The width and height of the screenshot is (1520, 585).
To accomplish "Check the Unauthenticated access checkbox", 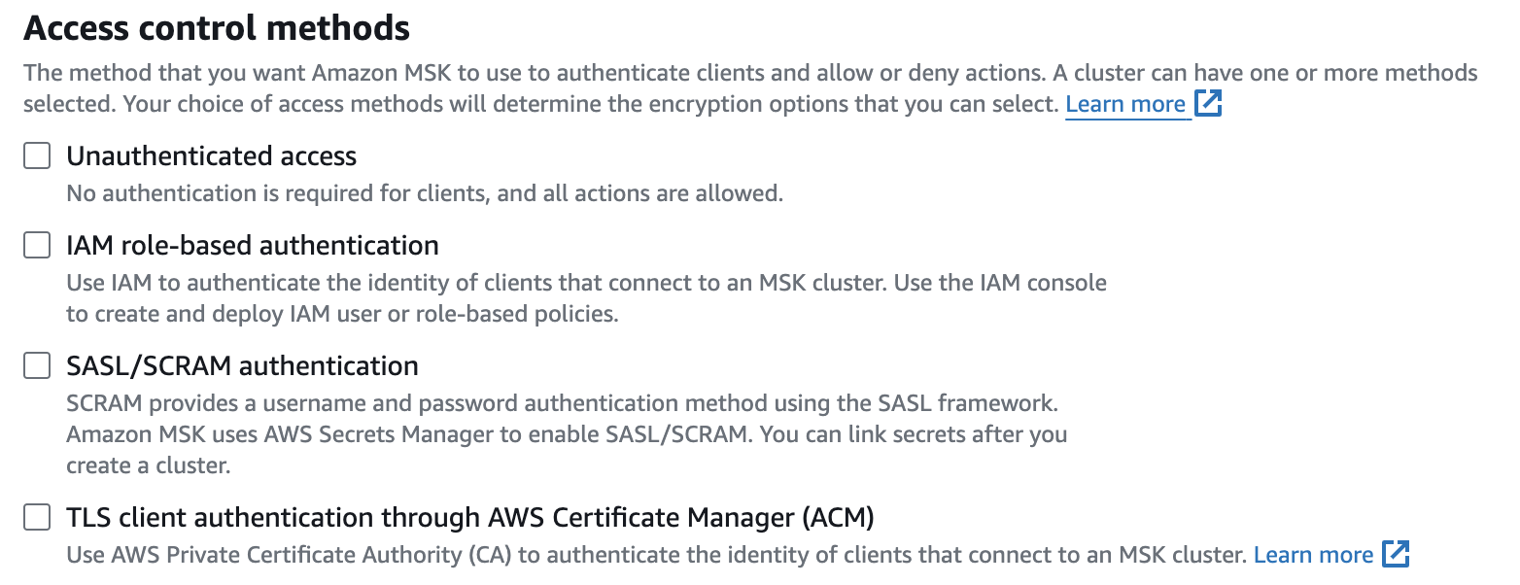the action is [x=37, y=155].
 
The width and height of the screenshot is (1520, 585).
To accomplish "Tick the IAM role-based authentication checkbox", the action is [x=37, y=245].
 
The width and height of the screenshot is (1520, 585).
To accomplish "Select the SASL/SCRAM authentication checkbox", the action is [x=37, y=365].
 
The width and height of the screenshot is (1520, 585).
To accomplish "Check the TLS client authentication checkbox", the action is [x=37, y=518].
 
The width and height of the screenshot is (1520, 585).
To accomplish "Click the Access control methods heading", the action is [x=217, y=28].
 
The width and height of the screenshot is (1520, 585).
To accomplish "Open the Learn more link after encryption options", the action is [x=1125, y=104].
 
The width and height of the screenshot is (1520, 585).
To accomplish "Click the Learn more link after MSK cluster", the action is [x=1313, y=555].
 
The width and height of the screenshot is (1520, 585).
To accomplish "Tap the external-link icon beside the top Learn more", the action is [x=1208, y=103].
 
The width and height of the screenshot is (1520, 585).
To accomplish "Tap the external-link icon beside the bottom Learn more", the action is [x=1396, y=554].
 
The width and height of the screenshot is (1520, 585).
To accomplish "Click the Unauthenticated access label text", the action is [x=211, y=155].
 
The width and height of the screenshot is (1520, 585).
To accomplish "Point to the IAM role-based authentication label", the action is [x=253, y=245].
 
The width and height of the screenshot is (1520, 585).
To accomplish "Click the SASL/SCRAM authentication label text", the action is [x=242, y=365].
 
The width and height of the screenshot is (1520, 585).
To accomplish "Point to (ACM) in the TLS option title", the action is [x=839, y=518].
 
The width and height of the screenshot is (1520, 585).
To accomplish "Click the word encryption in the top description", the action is [x=845, y=104].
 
